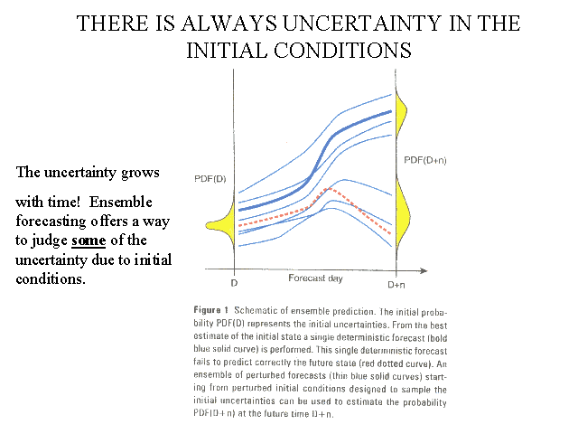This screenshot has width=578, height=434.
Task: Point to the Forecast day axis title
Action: [x=313, y=278]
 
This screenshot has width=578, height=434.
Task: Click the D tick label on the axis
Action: [x=234, y=285]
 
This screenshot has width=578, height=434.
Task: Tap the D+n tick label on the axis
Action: [x=397, y=285]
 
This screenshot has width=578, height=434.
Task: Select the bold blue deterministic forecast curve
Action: [x=343, y=130]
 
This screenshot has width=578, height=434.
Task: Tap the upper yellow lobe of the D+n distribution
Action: [x=405, y=118]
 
